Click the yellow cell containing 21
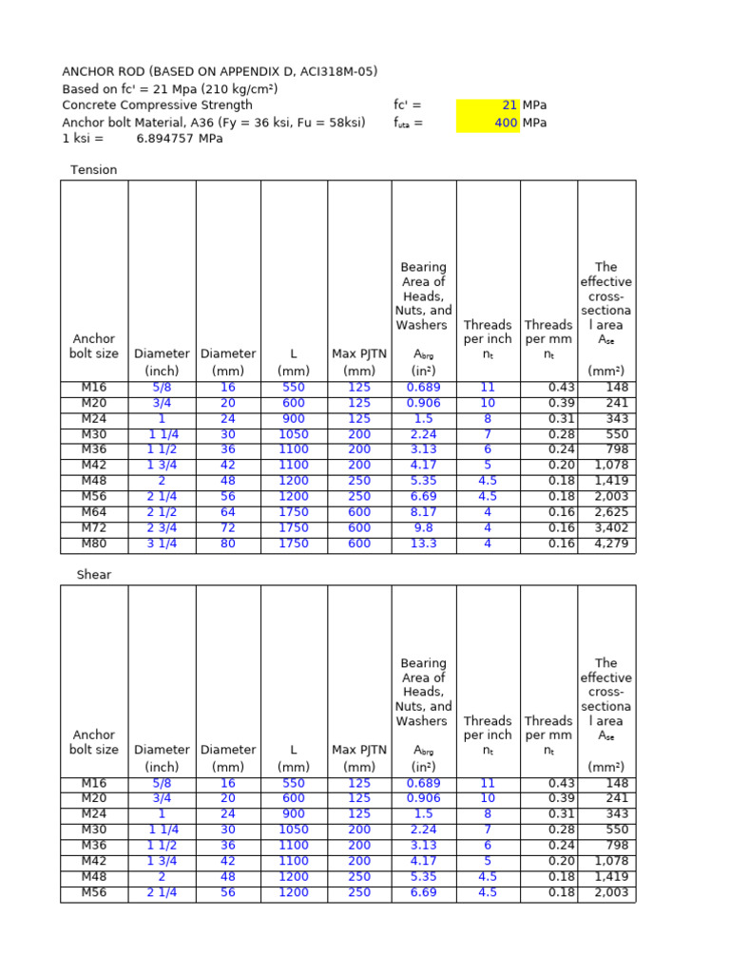(488, 105)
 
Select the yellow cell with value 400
(488, 123)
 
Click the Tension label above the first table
(94, 170)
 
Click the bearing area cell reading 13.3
(423, 544)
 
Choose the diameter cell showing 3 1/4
(163, 544)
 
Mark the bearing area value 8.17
(423, 513)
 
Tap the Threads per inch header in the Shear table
(488, 735)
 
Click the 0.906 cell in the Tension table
(423, 403)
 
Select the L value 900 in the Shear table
(294, 814)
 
